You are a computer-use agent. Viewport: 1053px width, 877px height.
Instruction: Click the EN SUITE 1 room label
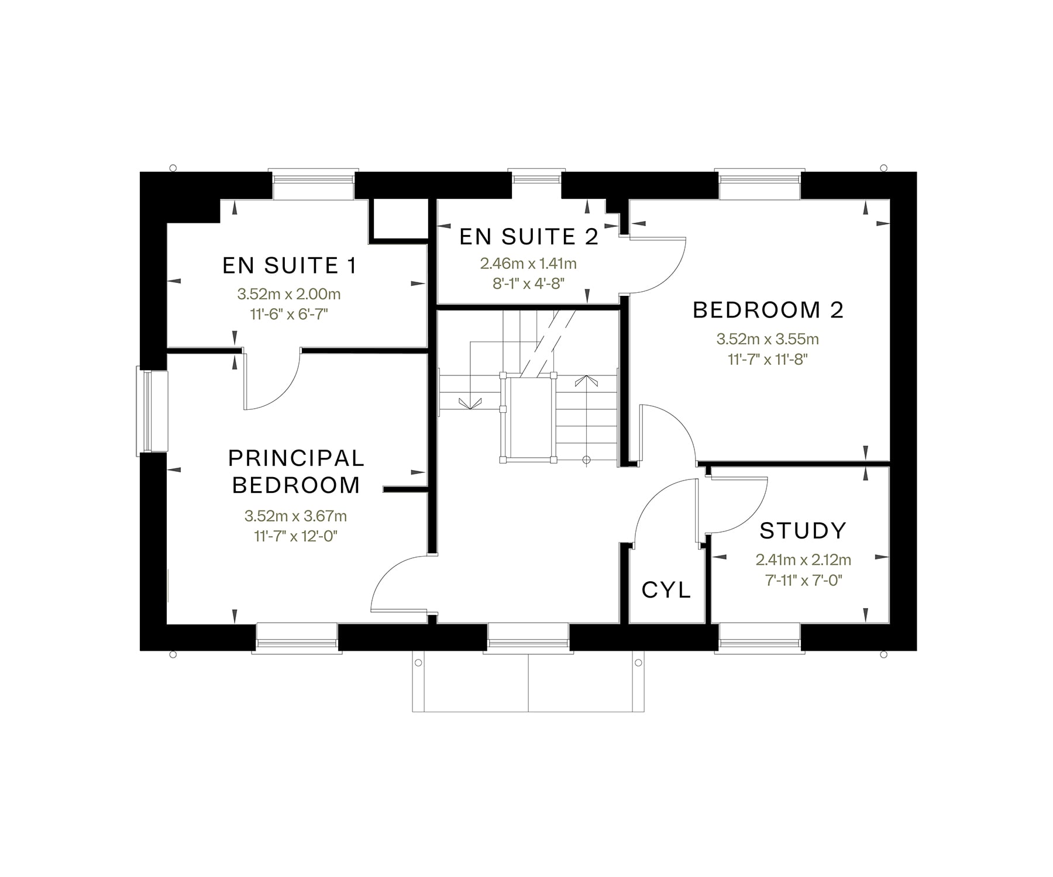(290, 265)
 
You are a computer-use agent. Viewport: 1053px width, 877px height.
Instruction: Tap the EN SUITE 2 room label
(529, 237)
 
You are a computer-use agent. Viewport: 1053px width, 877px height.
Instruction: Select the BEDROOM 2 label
(768, 310)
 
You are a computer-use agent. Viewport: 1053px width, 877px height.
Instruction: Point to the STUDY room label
(803, 530)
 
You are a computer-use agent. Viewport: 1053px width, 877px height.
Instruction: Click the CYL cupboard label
(666, 590)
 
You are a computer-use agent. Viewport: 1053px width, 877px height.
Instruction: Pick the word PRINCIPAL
(297, 458)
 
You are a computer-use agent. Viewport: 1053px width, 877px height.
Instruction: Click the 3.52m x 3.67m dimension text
(296, 516)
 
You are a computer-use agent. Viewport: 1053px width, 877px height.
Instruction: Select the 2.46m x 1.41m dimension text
(529, 264)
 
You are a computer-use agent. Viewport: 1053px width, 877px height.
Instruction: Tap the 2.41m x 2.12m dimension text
(803, 560)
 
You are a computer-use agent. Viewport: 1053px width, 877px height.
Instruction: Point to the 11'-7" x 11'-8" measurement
(768, 359)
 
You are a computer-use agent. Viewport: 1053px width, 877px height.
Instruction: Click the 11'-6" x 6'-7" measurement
(289, 315)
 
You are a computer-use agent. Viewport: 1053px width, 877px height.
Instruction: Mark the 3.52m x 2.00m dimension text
(289, 294)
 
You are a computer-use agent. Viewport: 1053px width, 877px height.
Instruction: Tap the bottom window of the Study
(759, 636)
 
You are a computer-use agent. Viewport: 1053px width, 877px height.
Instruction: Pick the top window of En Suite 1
(313, 184)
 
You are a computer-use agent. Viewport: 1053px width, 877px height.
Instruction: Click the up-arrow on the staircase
(587, 381)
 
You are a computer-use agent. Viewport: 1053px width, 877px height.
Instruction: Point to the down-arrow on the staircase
(470, 403)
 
